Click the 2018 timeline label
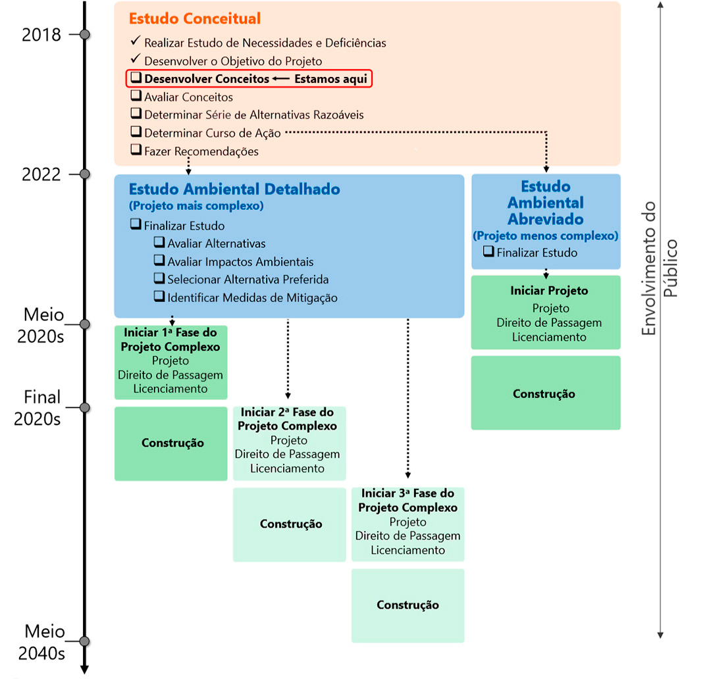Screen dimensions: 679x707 [41, 35]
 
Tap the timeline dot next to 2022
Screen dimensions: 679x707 [84, 174]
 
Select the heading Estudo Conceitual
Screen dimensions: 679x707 [195, 19]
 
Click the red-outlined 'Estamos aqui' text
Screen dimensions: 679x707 [330, 79]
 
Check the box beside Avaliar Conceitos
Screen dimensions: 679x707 [136, 97]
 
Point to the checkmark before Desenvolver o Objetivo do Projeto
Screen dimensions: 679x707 [136, 61]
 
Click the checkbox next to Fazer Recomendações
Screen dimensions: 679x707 [136, 151]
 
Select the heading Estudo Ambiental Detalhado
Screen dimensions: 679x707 [234, 189]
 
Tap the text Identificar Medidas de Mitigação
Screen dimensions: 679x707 [252, 298]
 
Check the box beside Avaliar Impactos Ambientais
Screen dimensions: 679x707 [159, 261]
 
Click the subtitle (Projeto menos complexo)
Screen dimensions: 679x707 [545, 236]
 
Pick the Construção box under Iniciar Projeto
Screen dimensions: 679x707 [545, 393]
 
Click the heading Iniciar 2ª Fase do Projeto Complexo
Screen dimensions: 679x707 [288, 419]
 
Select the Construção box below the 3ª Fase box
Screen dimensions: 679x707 [407, 605]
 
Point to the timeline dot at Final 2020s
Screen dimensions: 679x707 [84, 408]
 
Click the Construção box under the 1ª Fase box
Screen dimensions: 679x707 [172, 443]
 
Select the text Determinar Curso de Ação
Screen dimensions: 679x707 [213, 133]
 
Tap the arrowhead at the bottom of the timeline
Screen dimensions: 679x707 [84, 669]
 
